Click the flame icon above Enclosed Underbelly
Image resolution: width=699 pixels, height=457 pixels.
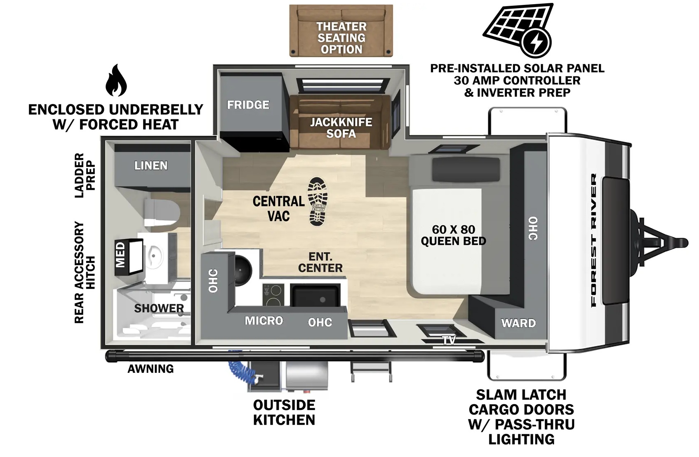[x=116, y=80]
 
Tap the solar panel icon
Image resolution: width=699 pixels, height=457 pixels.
[x=518, y=30]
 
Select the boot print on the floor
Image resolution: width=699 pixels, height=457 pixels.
[x=318, y=201]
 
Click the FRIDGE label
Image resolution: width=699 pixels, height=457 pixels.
[x=248, y=105]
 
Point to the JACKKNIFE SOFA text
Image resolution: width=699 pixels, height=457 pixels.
[x=341, y=128]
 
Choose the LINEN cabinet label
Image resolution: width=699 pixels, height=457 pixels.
[x=151, y=166]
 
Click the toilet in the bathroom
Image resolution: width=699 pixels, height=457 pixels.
[x=162, y=213]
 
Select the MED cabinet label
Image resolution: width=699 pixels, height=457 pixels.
[x=120, y=255]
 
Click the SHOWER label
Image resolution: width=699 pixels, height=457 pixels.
[x=159, y=308]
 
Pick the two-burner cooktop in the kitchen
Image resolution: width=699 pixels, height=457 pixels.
[x=273, y=295]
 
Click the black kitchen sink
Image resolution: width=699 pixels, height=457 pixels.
[x=315, y=296]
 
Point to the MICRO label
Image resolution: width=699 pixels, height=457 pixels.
[x=264, y=320]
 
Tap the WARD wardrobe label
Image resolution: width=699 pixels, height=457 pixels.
[x=518, y=323]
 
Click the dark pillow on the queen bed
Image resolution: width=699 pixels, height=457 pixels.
[x=466, y=169]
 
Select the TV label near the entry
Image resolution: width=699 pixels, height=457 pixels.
[x=449, y=340]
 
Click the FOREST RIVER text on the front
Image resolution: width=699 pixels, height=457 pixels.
[x=593, y=240]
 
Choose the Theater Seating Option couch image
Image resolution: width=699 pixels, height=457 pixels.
[x=341, y=31]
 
